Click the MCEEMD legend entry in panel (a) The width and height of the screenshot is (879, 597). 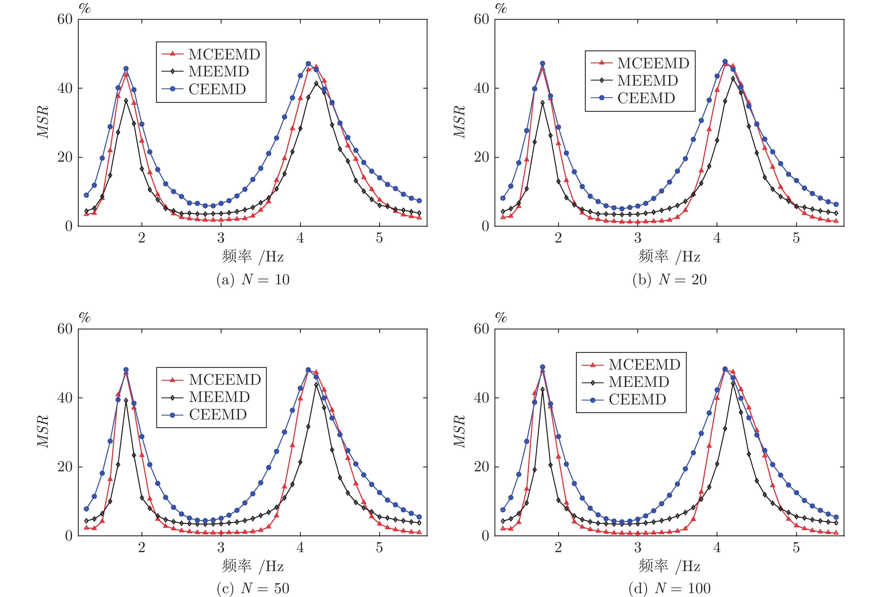[x=224, y=54]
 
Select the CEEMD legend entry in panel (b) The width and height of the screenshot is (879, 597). [x=646, y=98]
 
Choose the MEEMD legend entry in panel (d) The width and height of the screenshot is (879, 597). [x=638, y=382]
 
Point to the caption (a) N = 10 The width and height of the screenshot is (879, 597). [x=253, y=280]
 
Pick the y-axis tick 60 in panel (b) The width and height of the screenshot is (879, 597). [x=481, y=19]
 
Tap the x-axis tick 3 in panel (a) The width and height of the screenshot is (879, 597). [x=221, y=238]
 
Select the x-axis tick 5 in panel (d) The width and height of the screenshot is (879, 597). [x=796, y=547]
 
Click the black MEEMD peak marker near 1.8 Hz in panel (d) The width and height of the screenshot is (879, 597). [x=542, y=389]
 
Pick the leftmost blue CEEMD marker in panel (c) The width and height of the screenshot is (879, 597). [x=86, y=509]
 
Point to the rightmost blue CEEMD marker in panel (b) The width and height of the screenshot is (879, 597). [x=836, y=204]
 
